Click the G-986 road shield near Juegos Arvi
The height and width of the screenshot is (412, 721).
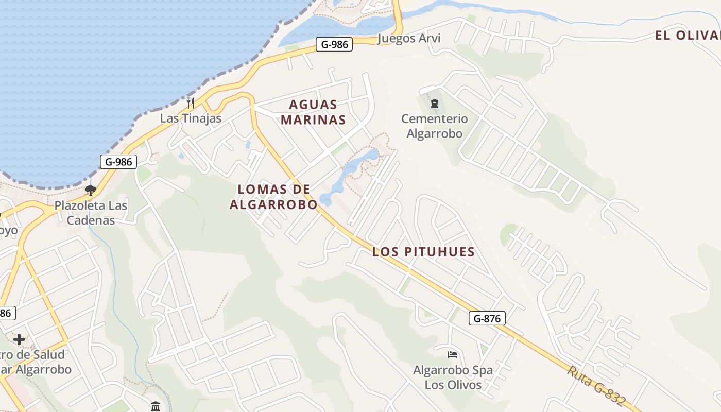point(335,44)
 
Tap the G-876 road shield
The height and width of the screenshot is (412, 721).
point(487,318)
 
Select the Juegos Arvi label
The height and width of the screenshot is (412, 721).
point(409,39)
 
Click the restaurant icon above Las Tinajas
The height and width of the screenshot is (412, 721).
point(190,102)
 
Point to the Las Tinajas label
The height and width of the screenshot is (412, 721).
point(191,118)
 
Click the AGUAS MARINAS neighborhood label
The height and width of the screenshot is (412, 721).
point(317,112)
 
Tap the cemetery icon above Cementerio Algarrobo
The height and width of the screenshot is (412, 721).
point(434,104)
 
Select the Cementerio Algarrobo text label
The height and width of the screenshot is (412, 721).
point(435,126)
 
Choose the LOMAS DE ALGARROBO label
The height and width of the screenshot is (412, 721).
point(273,197)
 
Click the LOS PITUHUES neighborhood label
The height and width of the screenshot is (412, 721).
point(423,252)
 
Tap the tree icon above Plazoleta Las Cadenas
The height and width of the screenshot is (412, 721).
point(91,191)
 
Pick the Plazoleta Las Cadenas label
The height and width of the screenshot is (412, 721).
point(91,213)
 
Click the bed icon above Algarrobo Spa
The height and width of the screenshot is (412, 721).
point(453,355)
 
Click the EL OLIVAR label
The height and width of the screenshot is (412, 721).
point(687,36)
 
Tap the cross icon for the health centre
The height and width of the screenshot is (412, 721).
point(19,339)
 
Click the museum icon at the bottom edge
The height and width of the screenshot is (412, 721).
point(156,406)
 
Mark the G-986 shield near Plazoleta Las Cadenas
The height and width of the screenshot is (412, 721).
point(118,162)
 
